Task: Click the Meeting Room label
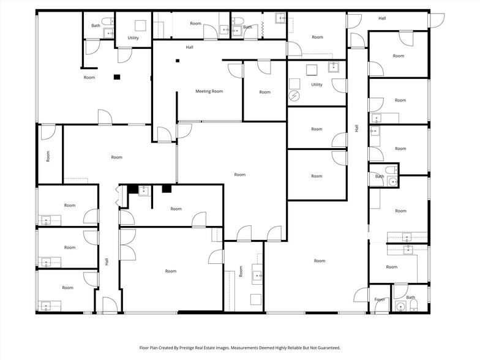(209, 91)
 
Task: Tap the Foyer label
(380, 299)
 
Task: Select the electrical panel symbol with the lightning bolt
(294, 96)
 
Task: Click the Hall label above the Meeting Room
(190, 47)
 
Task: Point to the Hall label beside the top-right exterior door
(382, 18)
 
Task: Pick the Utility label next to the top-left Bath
(133, 38)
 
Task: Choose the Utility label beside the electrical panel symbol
(317, 84)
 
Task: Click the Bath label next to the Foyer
(410, 298)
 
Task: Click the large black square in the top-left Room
(116, 77)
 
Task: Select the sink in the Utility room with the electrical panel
(334, 67)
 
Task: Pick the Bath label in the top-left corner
(96, 26)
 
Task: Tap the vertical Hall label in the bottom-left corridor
(107, 261)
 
